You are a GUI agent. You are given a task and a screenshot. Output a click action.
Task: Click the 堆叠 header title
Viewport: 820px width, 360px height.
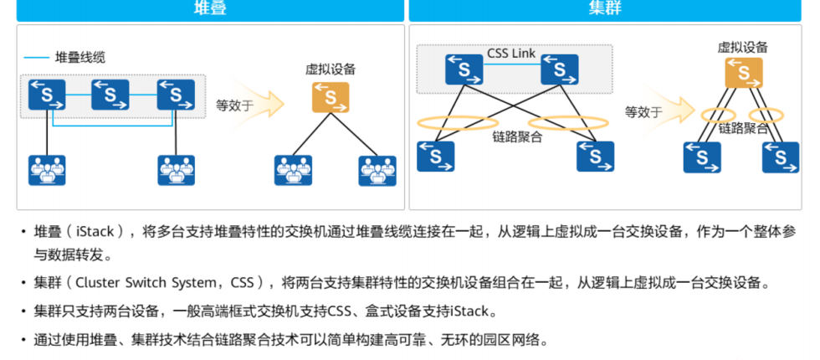tap(209, 8)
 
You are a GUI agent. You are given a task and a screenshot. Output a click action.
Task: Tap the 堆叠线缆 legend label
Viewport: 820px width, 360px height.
tap(80, 58)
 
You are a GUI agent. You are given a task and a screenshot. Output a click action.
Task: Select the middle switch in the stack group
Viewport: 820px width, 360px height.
tap(110, 95)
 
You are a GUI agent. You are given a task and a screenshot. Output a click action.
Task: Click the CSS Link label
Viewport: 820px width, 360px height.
tap(510, 54)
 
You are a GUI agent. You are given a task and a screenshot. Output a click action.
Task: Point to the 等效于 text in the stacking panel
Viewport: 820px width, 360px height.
tap(235, 106)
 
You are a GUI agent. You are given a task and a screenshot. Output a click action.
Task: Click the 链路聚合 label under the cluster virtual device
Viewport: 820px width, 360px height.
tap(743, 129)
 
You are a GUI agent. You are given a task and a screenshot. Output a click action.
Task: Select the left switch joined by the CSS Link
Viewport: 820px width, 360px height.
tap(464, 69)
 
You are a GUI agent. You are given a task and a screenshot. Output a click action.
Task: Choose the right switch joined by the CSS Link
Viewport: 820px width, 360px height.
tap(560, 69)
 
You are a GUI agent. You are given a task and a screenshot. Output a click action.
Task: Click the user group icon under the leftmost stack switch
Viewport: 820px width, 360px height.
tap(47, 170)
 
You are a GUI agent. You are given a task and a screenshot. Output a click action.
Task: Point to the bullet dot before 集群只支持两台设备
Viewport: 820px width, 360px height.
tap(23, 311)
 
